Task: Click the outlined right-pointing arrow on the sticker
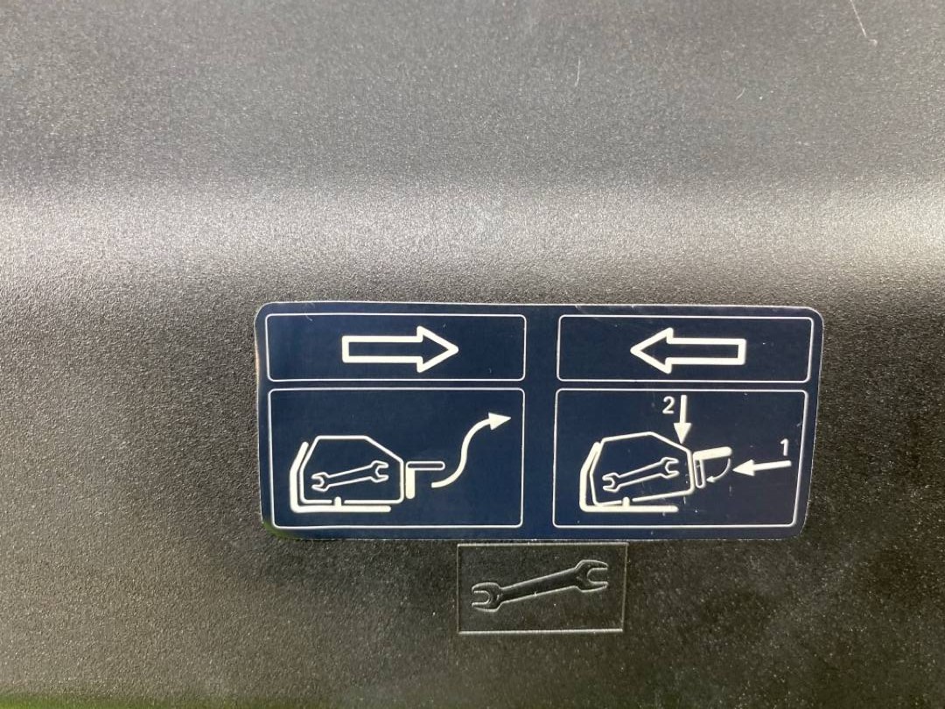[x=400, y=349]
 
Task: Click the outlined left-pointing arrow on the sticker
[x=688, y=349]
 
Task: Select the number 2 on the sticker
[x=668, y=408]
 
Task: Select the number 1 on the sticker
[x=785, y=448]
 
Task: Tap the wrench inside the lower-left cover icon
[x=349, y=474]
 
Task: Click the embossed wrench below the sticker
[x=540, y=584]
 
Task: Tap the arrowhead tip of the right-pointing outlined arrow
[x=458, y=349]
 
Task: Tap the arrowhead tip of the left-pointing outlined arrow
[x=631, y=349]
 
